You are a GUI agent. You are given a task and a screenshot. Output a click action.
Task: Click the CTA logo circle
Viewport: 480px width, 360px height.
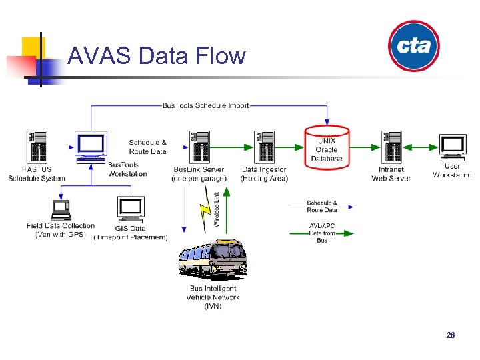414,46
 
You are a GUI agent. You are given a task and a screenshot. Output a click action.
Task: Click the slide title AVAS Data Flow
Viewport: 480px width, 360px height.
157,55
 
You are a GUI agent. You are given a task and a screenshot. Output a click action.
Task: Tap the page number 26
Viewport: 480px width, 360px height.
451,335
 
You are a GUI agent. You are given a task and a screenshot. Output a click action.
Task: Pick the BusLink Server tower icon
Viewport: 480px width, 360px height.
198,147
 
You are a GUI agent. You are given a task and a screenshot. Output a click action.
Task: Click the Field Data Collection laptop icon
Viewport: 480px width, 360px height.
61,209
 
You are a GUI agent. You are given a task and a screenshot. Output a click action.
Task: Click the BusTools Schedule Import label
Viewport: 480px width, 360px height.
205,105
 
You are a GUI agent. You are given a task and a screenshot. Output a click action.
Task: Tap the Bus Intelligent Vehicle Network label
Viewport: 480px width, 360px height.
213,297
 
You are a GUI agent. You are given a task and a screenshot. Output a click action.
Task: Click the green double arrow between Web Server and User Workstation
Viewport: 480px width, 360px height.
421,147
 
